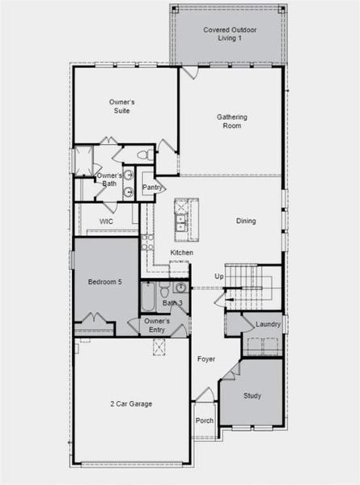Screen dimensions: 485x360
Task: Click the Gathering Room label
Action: (x=231, y=121)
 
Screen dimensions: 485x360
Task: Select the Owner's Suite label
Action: (x=121, y=107)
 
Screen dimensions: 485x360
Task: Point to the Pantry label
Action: (x=152, y=188)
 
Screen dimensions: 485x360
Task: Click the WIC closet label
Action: (x=106, y=221)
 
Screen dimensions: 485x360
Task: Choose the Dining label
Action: (x=246, y=221)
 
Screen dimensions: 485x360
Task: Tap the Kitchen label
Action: (x=181, y=253)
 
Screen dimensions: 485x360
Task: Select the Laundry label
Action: (x=268, y=324)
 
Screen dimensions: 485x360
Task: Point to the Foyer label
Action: (x=206, y=358)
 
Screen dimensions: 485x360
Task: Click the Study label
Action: (x=252, y=395)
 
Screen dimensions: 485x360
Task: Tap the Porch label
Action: (x=205, y=420)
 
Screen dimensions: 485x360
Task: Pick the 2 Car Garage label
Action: (x=131, y=403)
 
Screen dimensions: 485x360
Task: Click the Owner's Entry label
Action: (x=156, y=325)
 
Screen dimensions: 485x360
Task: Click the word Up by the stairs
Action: (x=218, y=276)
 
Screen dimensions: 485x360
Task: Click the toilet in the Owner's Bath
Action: (x=142, y=154)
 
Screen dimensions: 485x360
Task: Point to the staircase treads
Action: (x=251, y=286)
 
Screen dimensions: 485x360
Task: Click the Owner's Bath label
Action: (x=110, y=179)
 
